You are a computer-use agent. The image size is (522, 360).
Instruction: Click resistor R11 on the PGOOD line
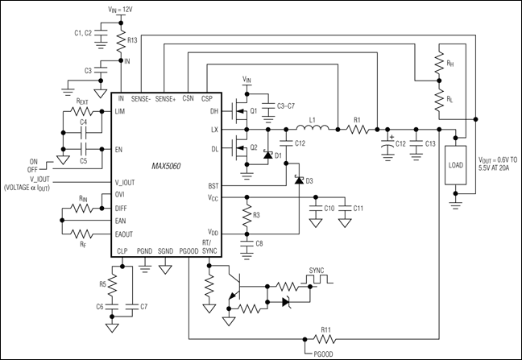(x=325, y=338)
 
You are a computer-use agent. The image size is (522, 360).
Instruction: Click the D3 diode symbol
(x=298, y=180)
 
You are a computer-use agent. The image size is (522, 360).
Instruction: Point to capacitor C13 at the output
(x=415, y=145)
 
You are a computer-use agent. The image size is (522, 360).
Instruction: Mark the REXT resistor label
(x=81, y=101)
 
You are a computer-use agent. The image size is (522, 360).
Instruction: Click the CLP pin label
(x=122, y=250)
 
